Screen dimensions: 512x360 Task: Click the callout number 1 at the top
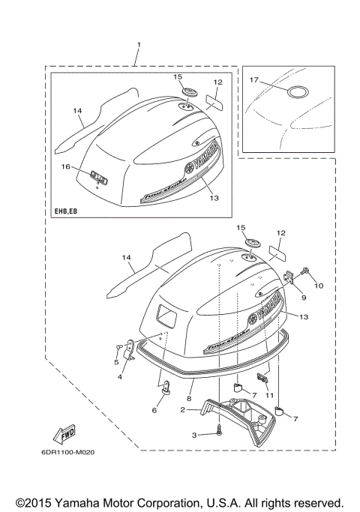[138, 46]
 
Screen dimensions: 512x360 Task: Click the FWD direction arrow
[66, 434]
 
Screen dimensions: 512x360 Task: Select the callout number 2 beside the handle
[182, 411]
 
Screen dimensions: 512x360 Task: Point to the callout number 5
[115, 362]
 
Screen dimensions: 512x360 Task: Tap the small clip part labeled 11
[262, 377]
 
